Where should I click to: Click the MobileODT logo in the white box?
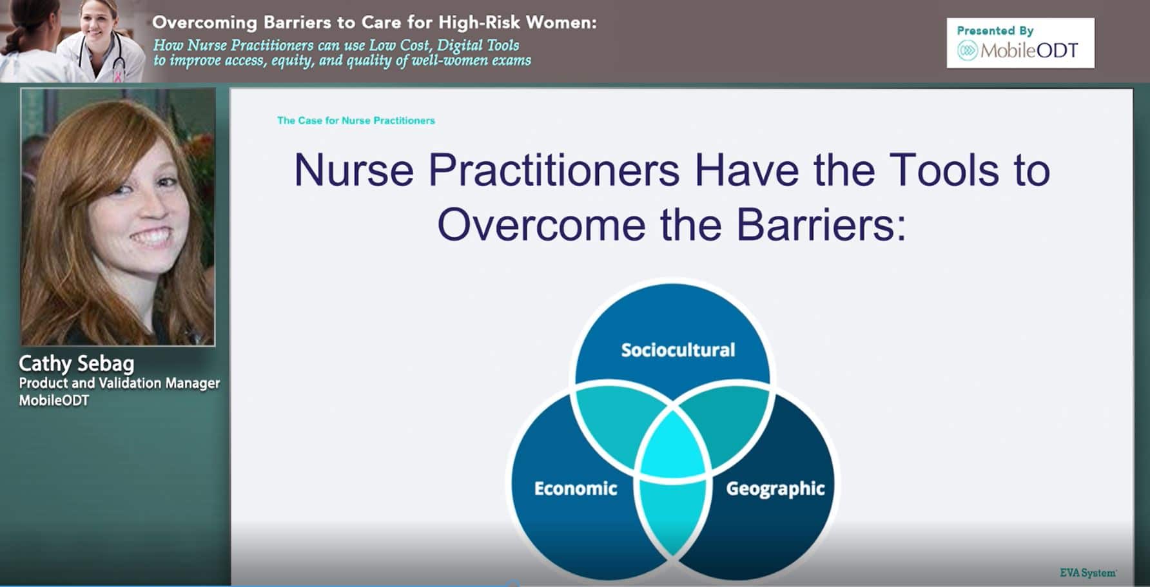point(1017,50)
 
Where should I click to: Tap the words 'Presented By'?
point(995,30)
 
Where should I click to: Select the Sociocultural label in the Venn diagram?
point(677,350)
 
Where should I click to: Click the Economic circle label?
point(576,488)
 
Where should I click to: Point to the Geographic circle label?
point(775,489)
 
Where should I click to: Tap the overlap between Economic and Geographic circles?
point(672,515)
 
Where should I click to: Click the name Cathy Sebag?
point(77,364)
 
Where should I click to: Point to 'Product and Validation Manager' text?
point(119,383)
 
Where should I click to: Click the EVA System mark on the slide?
point(1088,573)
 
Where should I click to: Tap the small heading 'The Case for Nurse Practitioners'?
point(356,120)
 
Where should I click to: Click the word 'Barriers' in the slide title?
point(820,224)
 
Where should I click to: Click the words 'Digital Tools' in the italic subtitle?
point(478,45)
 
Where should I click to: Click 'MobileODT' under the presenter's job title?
point(54,400)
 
